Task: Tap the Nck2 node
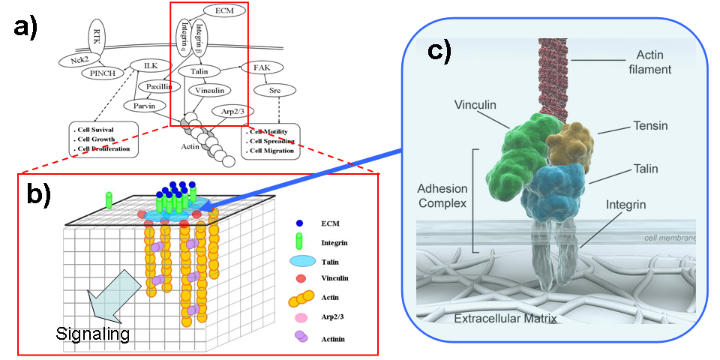(74, 60)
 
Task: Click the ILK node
(149, 66)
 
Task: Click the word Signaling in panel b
(91, 332)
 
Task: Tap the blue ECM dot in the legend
(299, 223)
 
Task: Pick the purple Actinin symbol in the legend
(299, 336)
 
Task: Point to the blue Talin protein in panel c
(556, 187)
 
